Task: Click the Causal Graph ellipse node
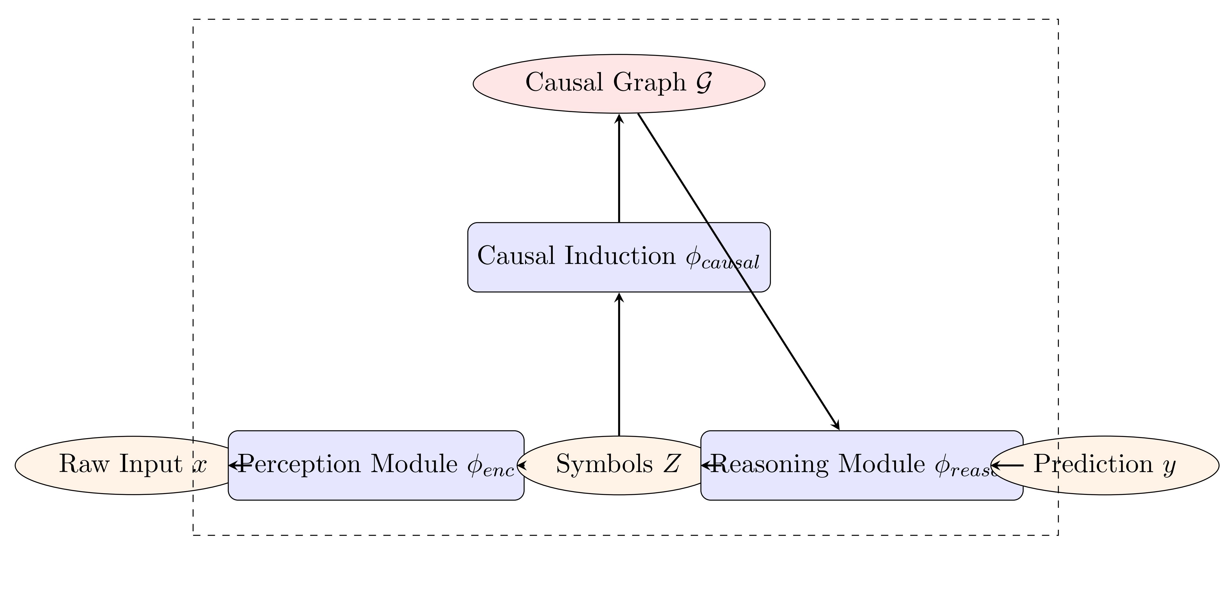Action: (x=619, y=83)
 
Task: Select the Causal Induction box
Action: (x=619, y=257)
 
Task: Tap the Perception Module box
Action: (x=376, y=482)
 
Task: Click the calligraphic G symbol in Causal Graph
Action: (x=704, y=82)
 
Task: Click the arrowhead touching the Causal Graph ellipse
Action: (x=619, y=118)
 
